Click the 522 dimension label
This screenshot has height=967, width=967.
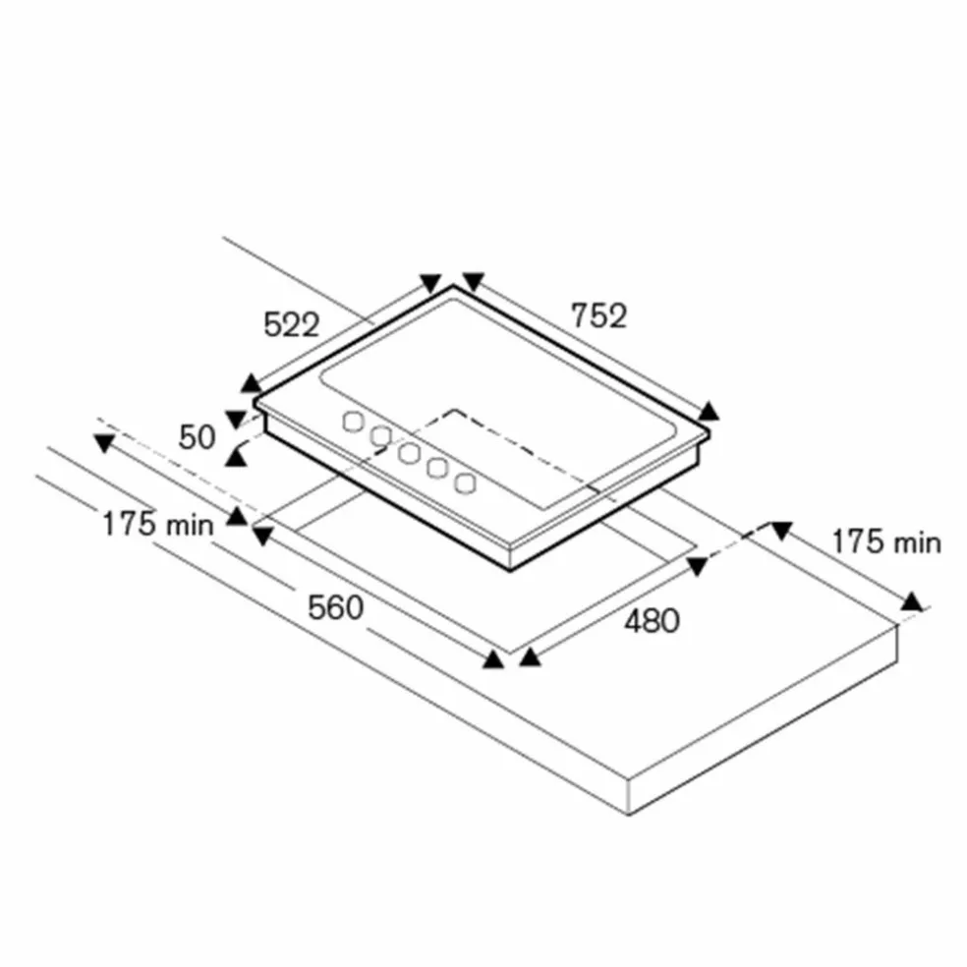click(x=291, y=324)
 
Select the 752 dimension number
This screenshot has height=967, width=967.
click(x=598, y=315)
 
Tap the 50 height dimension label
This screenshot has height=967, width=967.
click(x=197, y=437)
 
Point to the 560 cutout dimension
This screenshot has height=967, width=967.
click(x=335, y=607)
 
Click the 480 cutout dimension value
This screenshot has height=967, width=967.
click(x=652, y=620)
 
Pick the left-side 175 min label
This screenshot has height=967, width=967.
click(x=158, y=525)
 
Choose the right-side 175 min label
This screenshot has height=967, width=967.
click(x=886, y=542)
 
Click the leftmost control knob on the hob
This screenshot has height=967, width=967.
click(x=353, y=422)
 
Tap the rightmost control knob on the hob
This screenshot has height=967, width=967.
click(x=465, y=483)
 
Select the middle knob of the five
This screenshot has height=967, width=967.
click(x=409, y=453)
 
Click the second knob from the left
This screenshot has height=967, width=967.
click(x=381, y=436)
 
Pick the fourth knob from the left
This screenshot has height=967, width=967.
click(x=437, y=468)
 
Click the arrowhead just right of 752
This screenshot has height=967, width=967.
click(x=709, y=411)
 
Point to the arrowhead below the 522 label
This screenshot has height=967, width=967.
click(x=251, y=383)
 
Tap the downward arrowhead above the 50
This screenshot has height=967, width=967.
click(x=235, y=420)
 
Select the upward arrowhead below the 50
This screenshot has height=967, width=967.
click(x=234, y=456)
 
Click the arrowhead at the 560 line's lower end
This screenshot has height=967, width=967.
click(x=493, y=659)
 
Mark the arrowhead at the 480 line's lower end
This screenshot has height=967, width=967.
click(x=530, y=658)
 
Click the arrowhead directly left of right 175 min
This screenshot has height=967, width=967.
click(x=781, y=531)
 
